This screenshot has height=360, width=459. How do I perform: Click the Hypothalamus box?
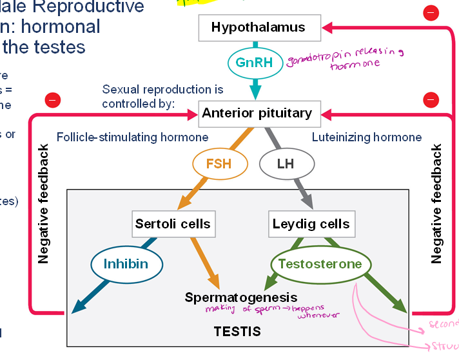point(258,28)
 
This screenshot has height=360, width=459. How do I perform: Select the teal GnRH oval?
point(255,63)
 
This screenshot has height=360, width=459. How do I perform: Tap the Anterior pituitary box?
point(257,114)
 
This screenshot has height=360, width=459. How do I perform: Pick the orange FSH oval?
point(218,164)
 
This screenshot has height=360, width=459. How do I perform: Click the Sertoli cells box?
point(173,224)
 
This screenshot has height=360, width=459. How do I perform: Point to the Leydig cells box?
point(311,224)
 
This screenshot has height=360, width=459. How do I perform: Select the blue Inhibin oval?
point(126,264)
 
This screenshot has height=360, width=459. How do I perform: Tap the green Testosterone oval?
point(320,264)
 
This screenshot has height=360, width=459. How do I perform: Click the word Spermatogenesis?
point(241,297)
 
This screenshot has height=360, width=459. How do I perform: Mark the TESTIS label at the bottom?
point(237,332)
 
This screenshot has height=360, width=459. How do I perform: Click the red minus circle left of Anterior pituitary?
point(53,100)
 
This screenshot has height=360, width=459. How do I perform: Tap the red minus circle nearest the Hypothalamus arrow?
point(430,12)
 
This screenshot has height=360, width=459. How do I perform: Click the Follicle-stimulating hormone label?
point(132,137)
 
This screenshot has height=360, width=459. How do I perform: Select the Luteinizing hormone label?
point(367,137)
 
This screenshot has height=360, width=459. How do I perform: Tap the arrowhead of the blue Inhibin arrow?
point(79,307)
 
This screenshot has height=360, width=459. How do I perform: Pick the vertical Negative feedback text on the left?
point(44,204)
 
